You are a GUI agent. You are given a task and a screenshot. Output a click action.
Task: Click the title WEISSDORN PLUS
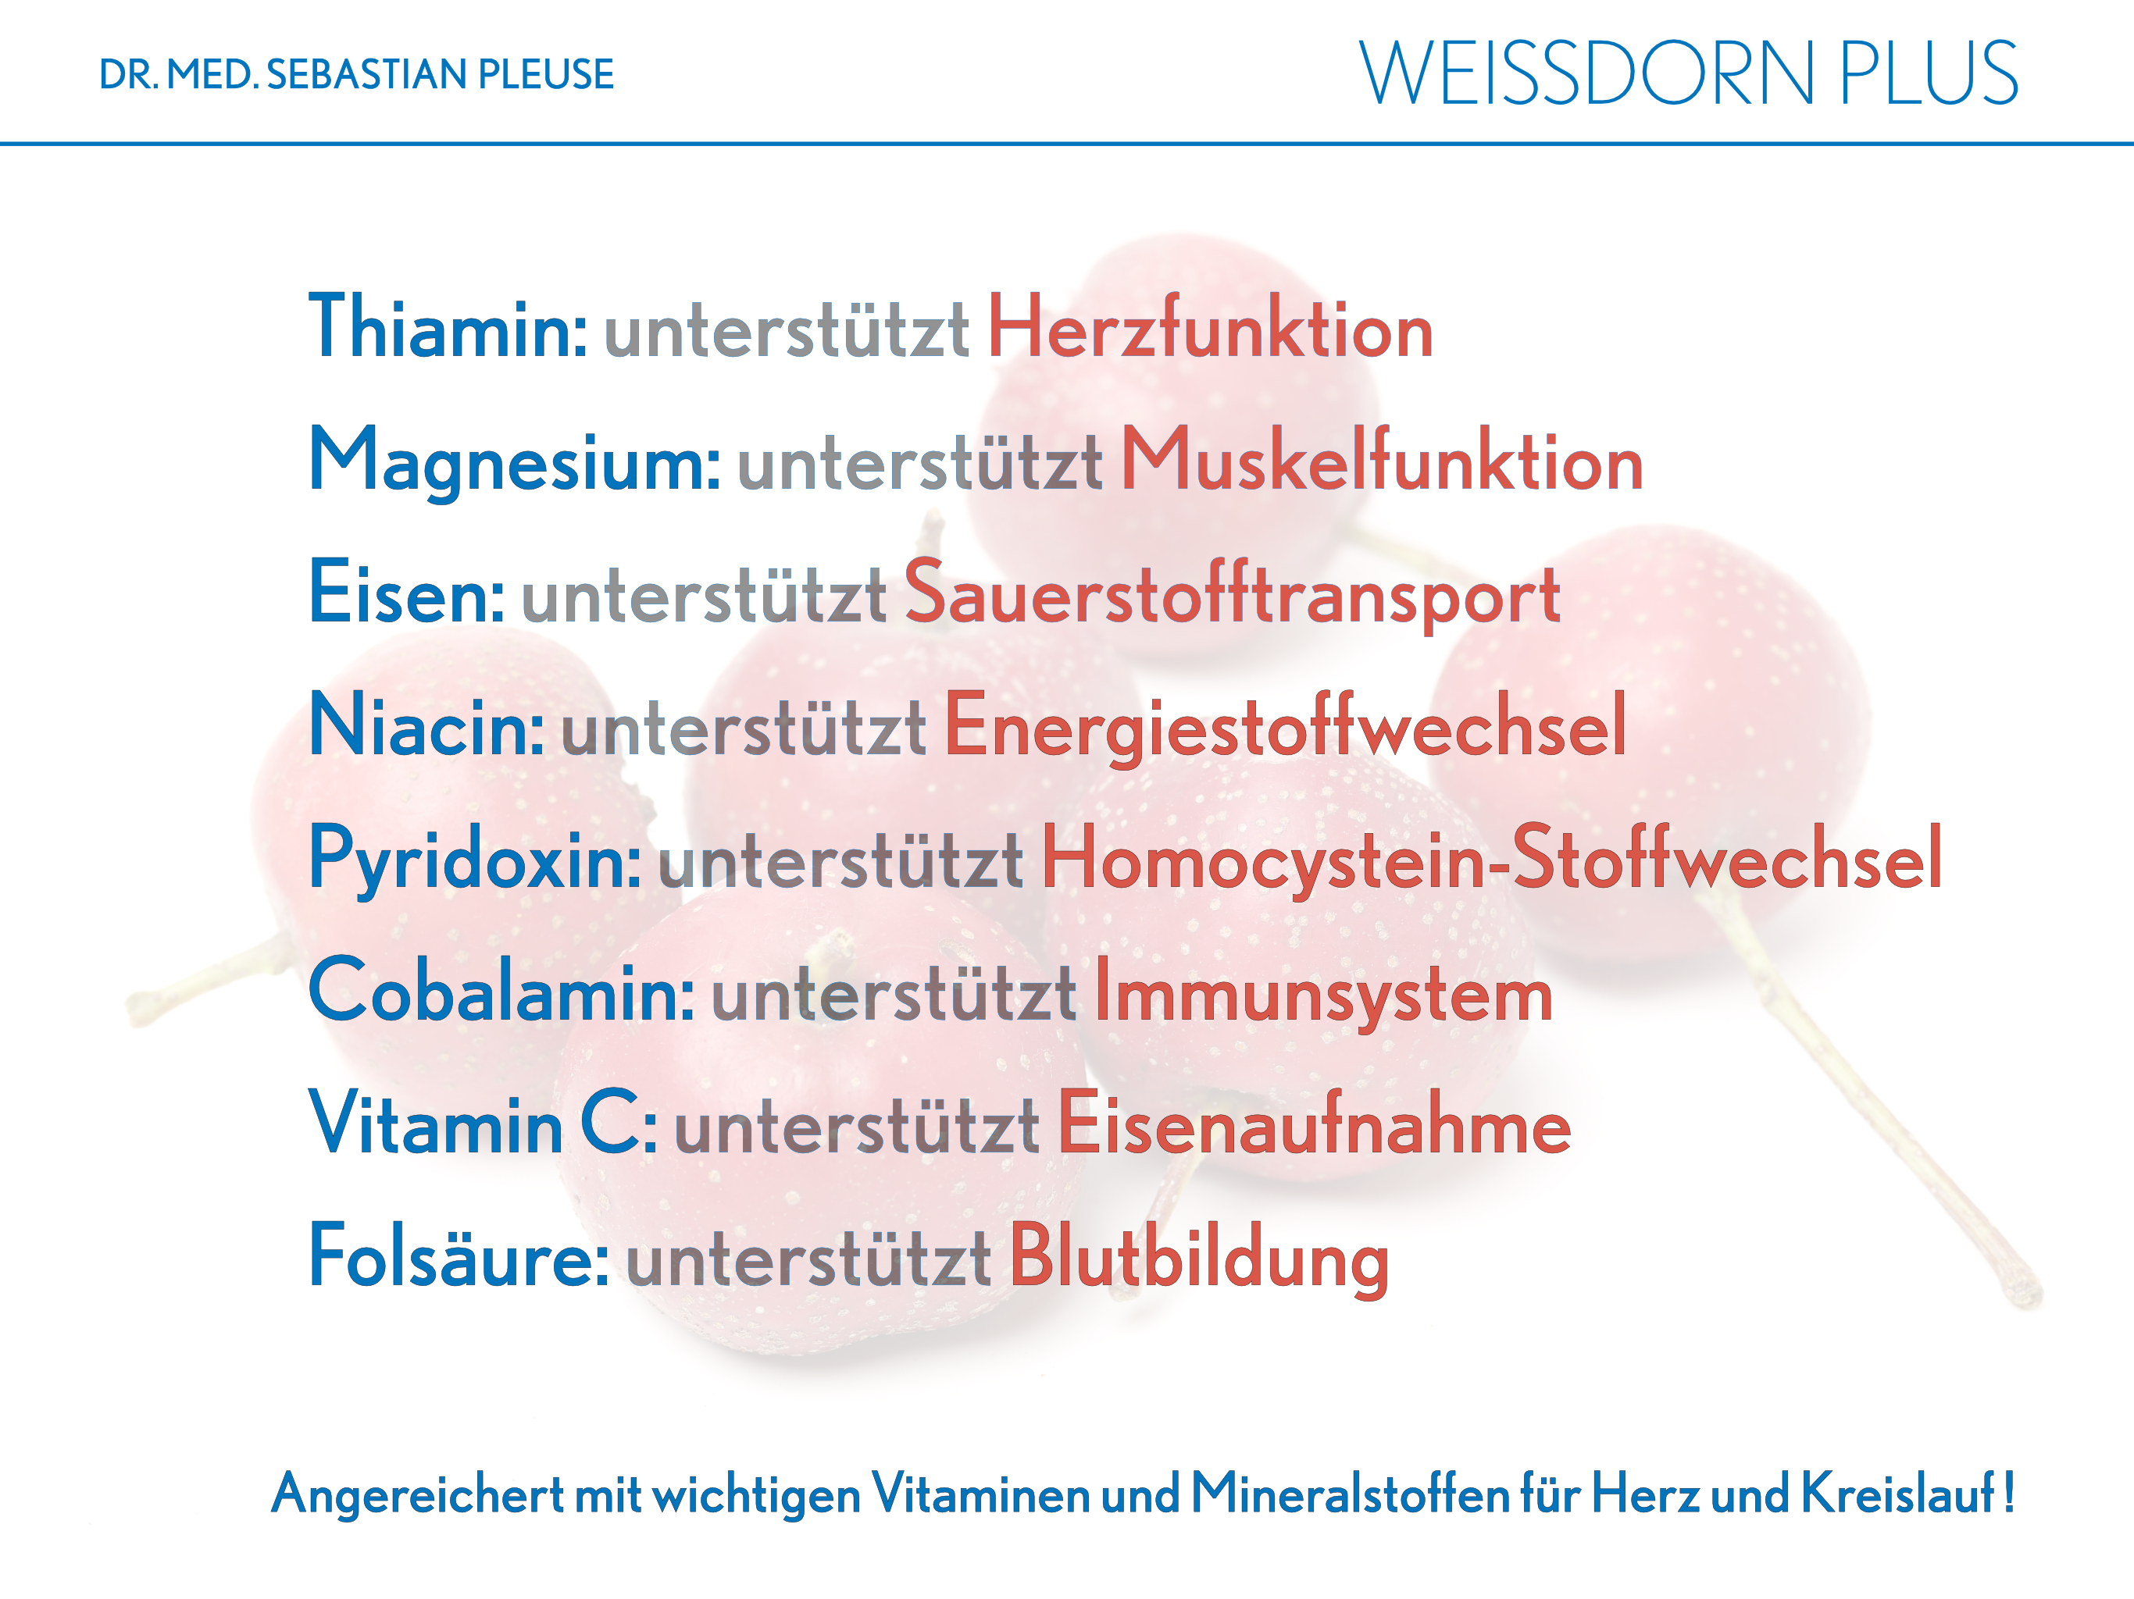click(x=1688, y=73)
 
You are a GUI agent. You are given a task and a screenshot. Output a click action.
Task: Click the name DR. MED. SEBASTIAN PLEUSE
click(x=356, y=74)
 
